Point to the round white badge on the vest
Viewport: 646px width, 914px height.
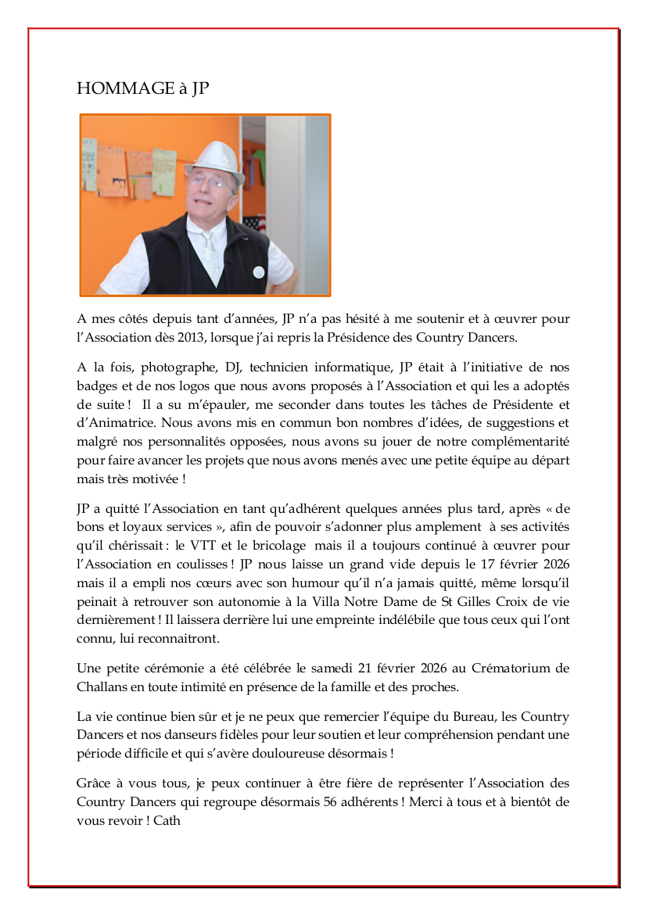[259, 272]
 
